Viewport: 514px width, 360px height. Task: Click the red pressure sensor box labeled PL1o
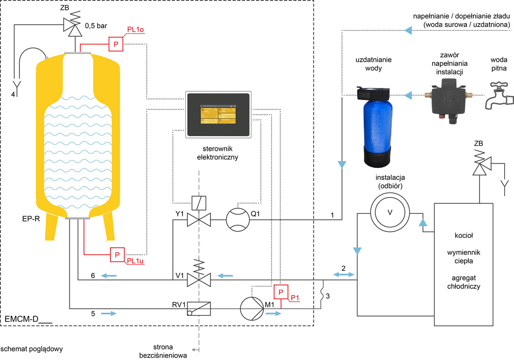[116, 44]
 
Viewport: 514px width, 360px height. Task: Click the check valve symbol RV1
[199, 309]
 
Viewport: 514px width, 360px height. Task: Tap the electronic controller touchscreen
[218, 115]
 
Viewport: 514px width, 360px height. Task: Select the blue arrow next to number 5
[109, 314]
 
